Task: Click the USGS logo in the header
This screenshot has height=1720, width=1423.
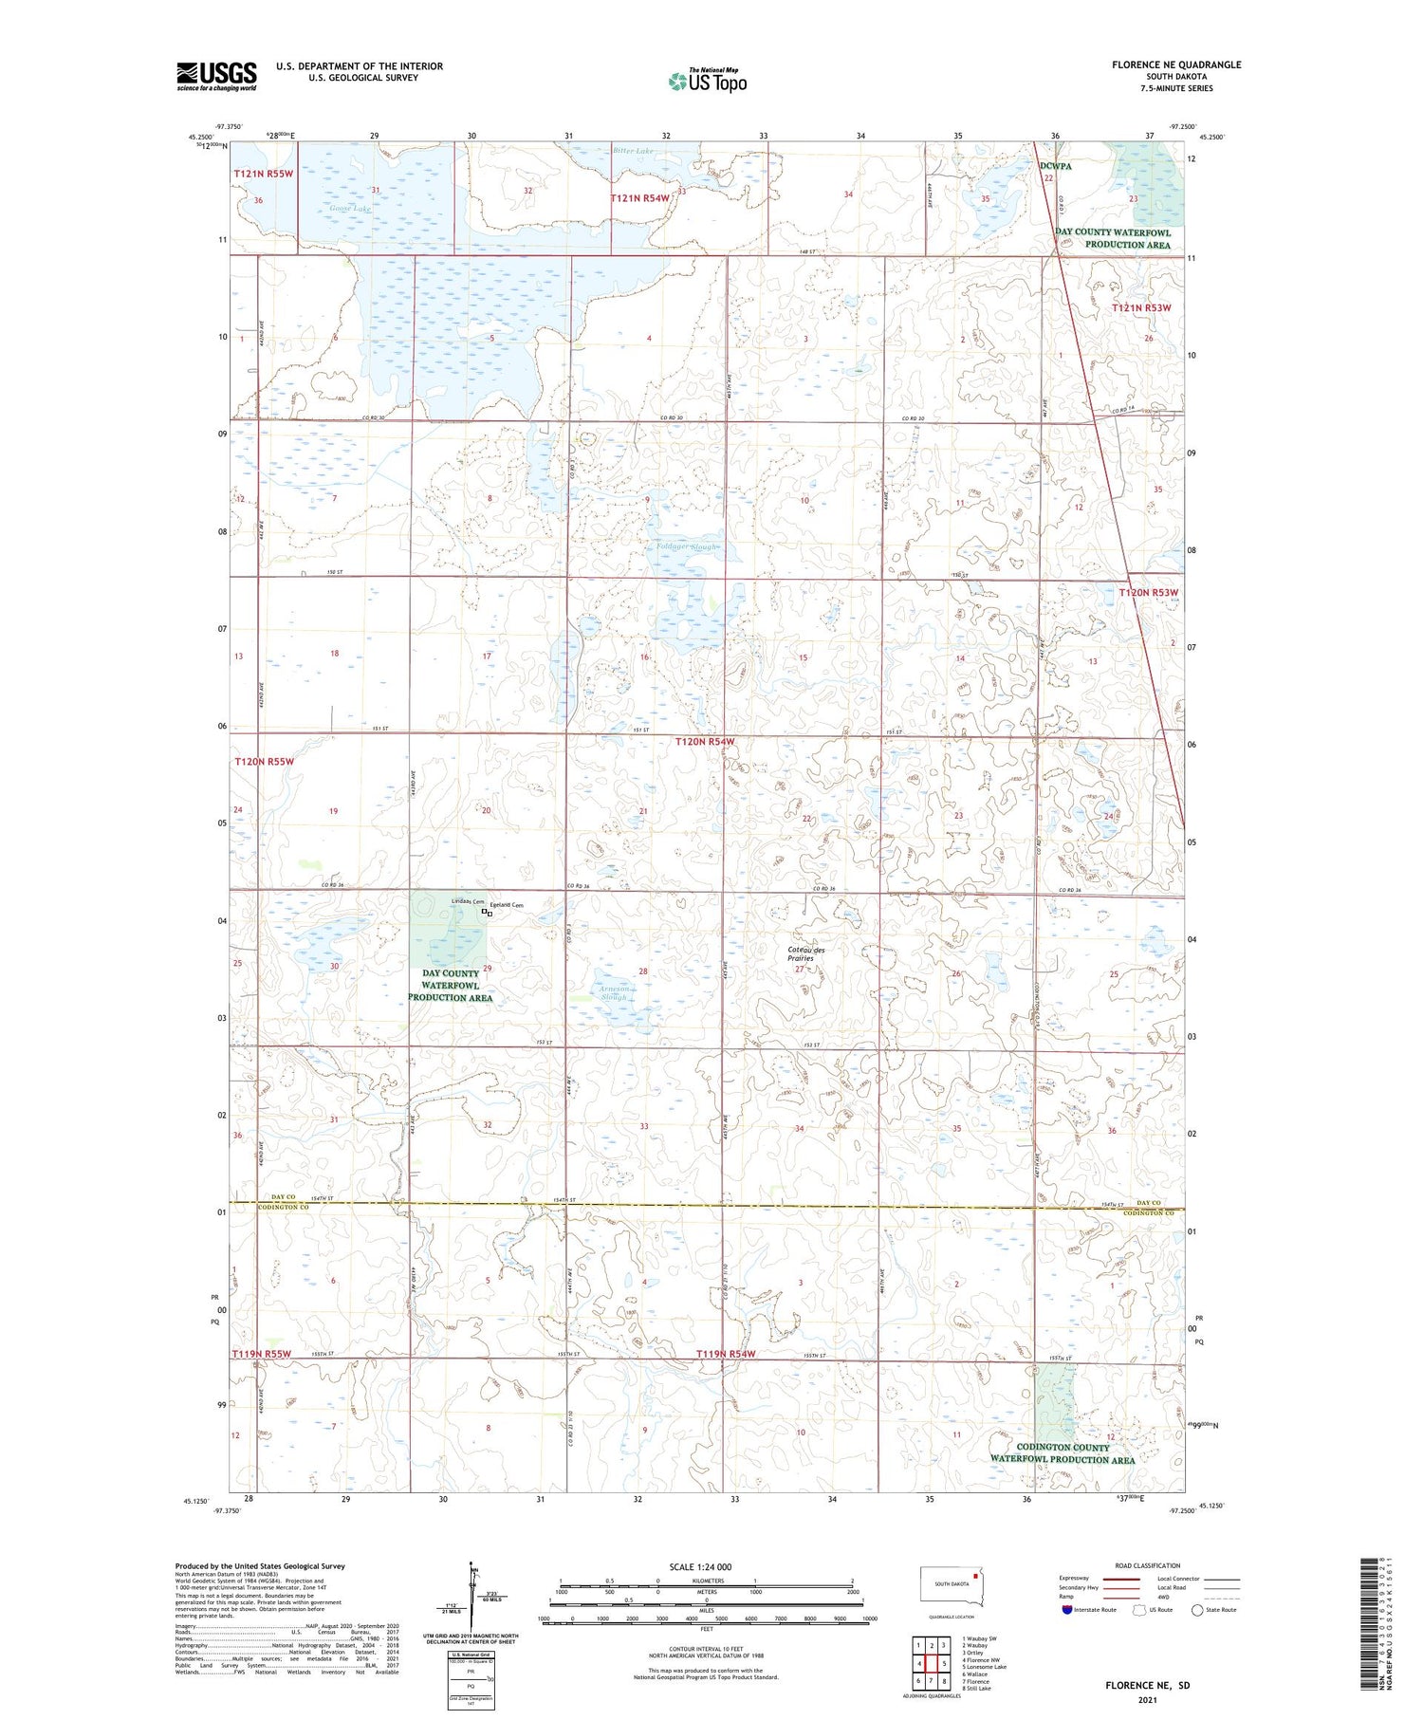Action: point(216,76)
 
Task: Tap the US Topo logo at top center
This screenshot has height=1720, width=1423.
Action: point(708,81)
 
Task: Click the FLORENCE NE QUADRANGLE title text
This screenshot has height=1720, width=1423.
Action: point(1175,65)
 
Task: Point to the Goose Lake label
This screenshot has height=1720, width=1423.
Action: point(350,209)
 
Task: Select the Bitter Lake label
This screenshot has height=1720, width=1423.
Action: point(633,151)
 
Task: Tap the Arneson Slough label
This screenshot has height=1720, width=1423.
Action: point(613,993)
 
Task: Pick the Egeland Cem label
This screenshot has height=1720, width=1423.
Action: point(513,905)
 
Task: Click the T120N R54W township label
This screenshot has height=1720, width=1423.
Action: point(705,741)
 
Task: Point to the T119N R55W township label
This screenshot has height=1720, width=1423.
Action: point(263,1353)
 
